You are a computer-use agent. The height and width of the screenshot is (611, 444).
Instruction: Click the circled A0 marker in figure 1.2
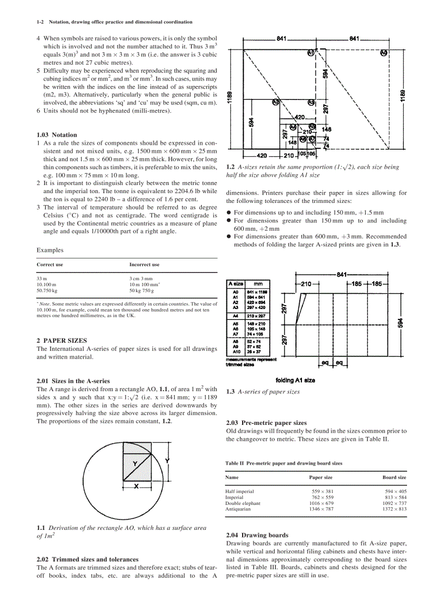[384, 53]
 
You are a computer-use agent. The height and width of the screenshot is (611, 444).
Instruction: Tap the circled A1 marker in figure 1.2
[311, 53]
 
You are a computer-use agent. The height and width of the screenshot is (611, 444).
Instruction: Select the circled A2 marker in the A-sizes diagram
[276, 102]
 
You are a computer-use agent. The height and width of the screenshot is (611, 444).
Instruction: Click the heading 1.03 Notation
[57, 134]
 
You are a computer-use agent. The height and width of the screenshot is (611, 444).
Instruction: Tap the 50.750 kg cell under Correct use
[46, 291]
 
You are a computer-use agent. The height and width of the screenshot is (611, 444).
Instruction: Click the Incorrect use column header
[144, 264]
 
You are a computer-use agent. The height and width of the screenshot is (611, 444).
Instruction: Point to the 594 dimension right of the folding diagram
[401, 323]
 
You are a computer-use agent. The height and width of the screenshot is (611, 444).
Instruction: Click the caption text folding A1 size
[295, 380]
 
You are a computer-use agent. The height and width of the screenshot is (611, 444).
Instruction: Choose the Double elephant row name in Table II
[243, 503]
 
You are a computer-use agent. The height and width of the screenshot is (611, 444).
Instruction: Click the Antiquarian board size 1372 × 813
[394, 509]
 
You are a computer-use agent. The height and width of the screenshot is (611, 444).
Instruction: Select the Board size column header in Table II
[394, 477]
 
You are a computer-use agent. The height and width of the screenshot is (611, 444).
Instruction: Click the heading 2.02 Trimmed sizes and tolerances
[87, 559]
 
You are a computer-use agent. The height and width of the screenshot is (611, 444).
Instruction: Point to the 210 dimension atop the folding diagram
[306, 283]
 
